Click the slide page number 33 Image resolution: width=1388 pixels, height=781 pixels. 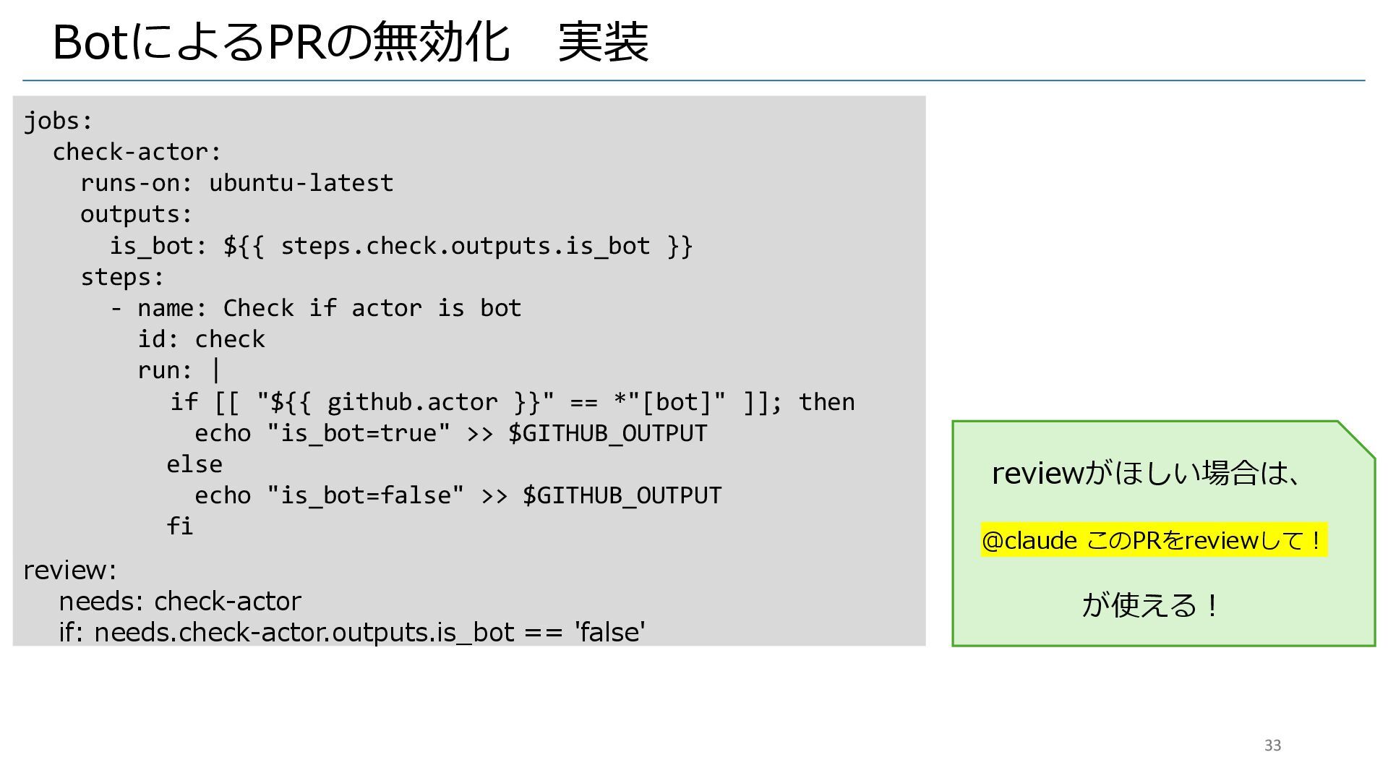pos(1272,746)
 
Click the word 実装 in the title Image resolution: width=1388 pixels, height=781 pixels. pos(604,42)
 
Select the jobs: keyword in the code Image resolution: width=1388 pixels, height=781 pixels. pos(59,121)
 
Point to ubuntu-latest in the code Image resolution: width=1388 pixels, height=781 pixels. pos(301,183)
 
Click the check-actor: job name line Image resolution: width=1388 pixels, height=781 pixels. pos(137,152)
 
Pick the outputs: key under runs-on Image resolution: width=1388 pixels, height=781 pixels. pos(137,214)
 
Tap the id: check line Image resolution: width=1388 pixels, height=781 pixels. pos(201,339)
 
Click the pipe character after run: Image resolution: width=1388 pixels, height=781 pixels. pos(216,370)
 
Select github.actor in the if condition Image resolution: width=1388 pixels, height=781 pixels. pos(412,402)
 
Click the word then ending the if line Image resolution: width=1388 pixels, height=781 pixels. pos(826,402)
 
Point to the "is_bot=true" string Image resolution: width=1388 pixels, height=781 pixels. pos(358,433)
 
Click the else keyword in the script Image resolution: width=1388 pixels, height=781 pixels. pos(194,464)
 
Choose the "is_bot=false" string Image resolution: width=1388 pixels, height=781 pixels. pos(365,495)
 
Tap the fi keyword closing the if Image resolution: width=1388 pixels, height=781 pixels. pos(179,526)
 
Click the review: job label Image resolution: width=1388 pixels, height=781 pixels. pos(69,571)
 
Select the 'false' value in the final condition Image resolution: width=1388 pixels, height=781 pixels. pos(609,632)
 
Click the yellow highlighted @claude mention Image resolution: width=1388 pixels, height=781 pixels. pos(1029,540)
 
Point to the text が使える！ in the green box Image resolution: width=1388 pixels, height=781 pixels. pos(1149,605)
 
